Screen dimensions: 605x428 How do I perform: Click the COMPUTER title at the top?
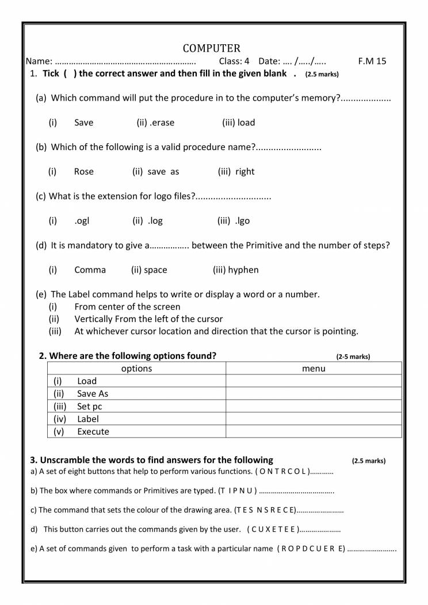[212, 48]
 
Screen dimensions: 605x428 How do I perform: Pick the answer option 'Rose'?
[84, 171]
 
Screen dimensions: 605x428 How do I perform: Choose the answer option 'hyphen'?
[243, 270]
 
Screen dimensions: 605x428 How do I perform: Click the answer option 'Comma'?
[90, 270]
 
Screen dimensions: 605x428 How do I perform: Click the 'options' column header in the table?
[136, 369]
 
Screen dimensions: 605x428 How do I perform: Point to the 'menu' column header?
[314, 369]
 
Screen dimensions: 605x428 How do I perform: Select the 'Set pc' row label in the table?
[90, 407]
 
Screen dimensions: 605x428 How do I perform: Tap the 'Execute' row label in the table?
[93, 432]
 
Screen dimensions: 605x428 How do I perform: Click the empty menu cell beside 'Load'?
[314, 381]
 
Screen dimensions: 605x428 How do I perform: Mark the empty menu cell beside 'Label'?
[314, 419]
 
